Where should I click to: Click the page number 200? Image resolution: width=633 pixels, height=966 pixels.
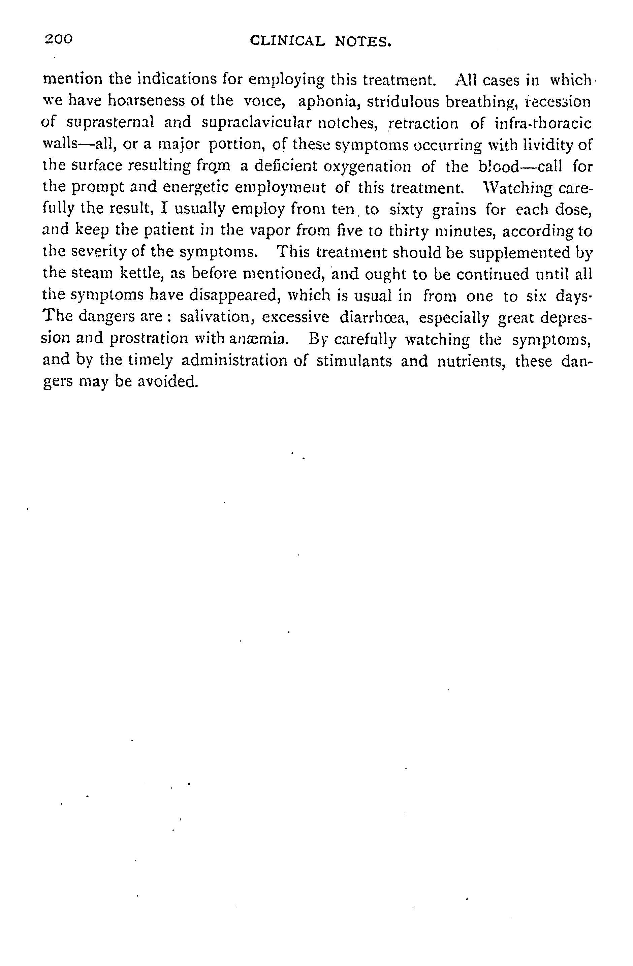(x=59, y=39)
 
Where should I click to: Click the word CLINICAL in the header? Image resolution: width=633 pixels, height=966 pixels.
(x=288, y=41)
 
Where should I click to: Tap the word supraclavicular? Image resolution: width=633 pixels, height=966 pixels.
(x=252, y=123)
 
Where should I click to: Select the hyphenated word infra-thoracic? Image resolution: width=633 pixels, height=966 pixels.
(x=543, y=123)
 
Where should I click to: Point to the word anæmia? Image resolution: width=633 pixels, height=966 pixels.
(x=253, y=339)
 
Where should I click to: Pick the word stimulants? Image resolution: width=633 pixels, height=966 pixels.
(x=354, y=361)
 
